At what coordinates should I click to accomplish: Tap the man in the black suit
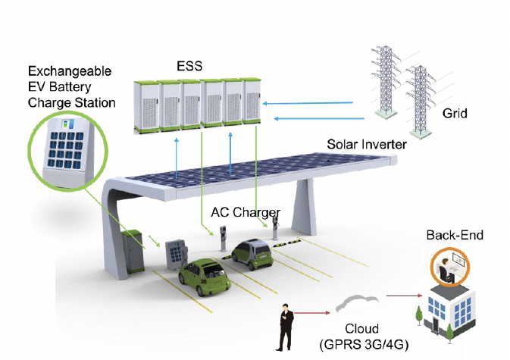pyautogui.click(x=285, y=327)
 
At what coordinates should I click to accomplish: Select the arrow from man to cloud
pyautogui.click(x=311, y=311)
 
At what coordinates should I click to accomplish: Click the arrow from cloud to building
pyautogui.click(x=402, y=296)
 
